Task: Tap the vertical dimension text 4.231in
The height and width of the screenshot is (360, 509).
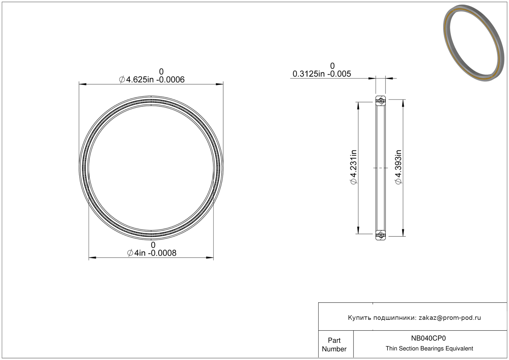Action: tap(353, 167)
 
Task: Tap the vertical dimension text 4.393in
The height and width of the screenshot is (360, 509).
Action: tap(398, 167)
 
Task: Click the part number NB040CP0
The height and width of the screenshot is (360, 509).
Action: tap(428, 338)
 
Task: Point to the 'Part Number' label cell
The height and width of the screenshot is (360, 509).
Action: tap(334, 345)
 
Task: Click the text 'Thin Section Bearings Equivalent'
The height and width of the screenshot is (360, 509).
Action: tap(429, 349)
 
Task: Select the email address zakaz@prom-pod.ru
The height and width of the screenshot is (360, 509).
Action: tap(450, 318)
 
